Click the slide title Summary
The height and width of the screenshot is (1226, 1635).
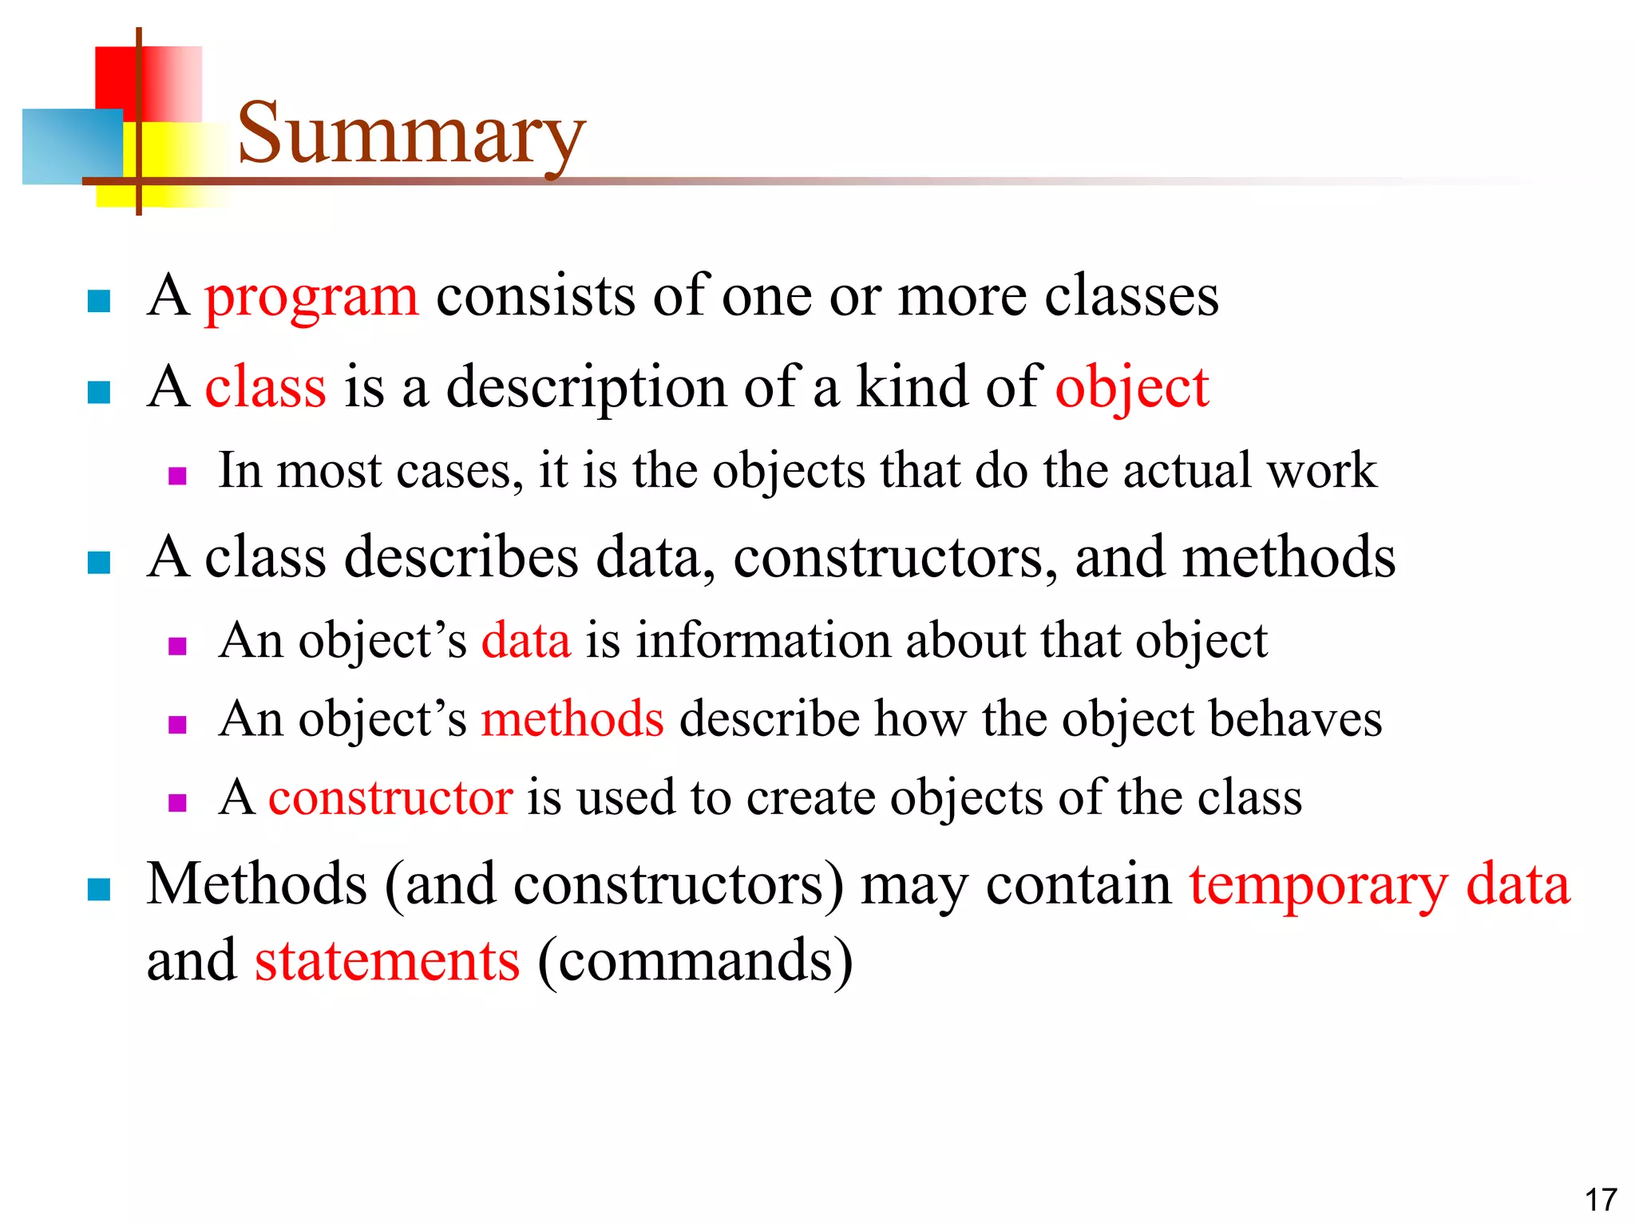click(x=411, y=133)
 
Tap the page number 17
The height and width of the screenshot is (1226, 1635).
click(x=1600, y=1200)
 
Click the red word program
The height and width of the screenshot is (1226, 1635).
click(x=311, y=297)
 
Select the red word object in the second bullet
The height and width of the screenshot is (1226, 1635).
click(x=1131, y=389)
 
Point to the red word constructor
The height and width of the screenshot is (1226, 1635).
click(x=390, y=797)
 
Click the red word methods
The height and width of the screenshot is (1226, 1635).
click(x=572, y=718)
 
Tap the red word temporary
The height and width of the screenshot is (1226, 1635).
click(x=1318, y=886)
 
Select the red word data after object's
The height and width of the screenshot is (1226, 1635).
click(x=526, y=640)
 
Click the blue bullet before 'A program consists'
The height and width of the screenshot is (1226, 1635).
click(x=98, y=301)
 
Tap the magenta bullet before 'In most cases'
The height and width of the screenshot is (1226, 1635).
click(x=177, y=477)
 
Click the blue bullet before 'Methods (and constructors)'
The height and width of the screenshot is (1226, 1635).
click(x=98, y=889)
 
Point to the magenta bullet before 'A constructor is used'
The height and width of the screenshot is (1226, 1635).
click(x=177, y=802)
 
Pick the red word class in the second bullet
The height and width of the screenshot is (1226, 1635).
click(x=265, y=387)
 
